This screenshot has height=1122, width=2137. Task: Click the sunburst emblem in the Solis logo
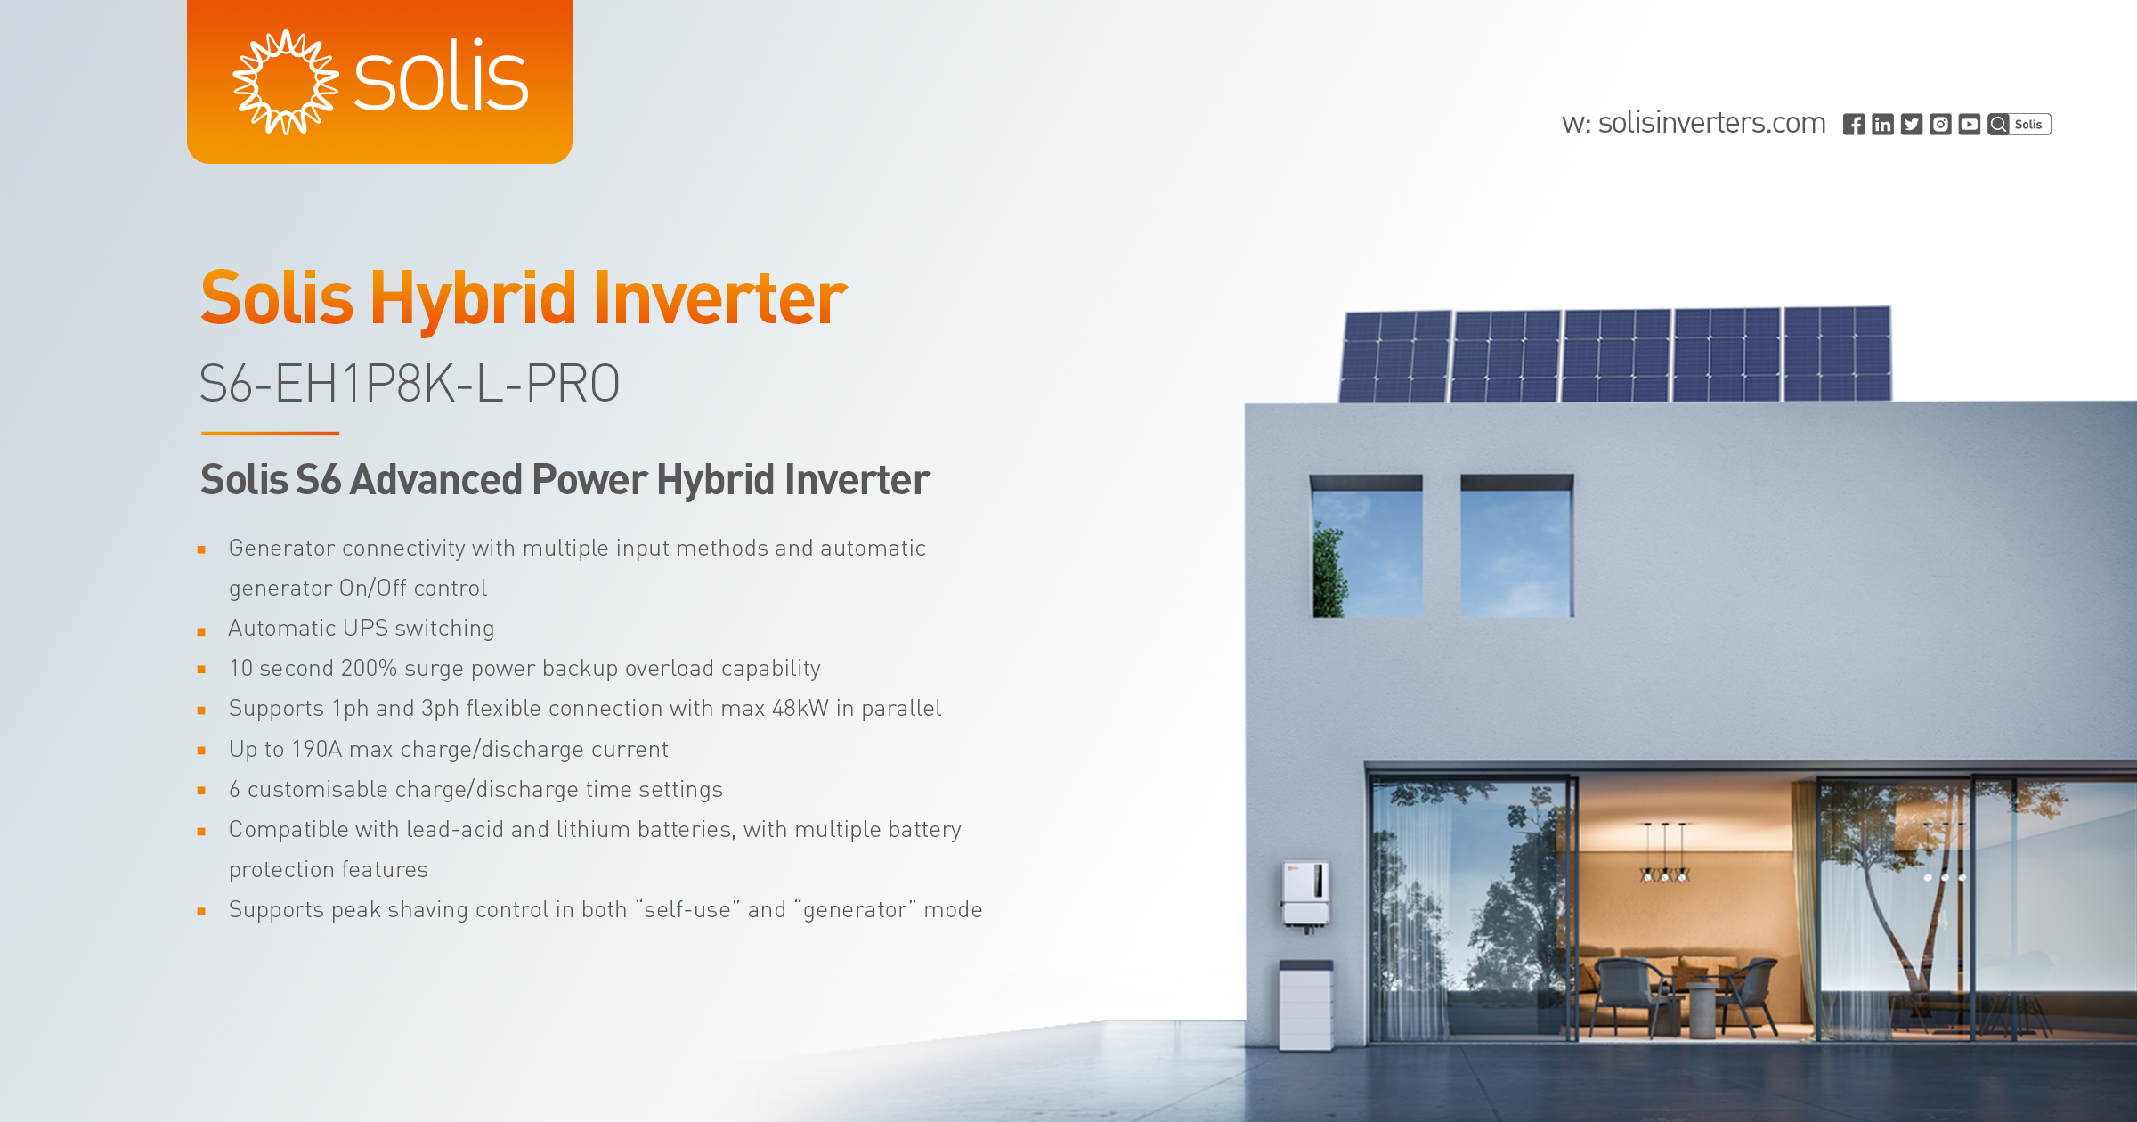[x=285, y=82]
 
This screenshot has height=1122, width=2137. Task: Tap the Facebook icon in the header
[x=1854, y=125]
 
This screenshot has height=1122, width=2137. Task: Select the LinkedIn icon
[x=1882, y=125]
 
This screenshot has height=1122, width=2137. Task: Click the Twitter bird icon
[x=1912, y=125]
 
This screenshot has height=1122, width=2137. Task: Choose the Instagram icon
[x=1940, y=125]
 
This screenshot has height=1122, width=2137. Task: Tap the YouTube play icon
[x=1970, y=125]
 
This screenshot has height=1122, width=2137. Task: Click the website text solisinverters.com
[x=1711, y=123]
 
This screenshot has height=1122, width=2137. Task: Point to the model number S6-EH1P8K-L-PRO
[x=410, y=384]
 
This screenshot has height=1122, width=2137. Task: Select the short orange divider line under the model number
[x=270, y=434]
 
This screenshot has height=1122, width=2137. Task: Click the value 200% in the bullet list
[x=369, y=668]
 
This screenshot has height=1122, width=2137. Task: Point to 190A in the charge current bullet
[x=316, y=749]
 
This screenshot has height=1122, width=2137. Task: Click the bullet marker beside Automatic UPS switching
[x=202, y=631]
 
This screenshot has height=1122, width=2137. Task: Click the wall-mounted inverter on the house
[x=1305, y=893]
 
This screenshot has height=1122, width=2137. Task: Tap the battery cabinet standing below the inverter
[x=1305, y=1004]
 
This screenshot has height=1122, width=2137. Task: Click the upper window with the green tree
[x=1367, y=548]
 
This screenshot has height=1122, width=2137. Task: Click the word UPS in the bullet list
[x=365, y=628]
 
